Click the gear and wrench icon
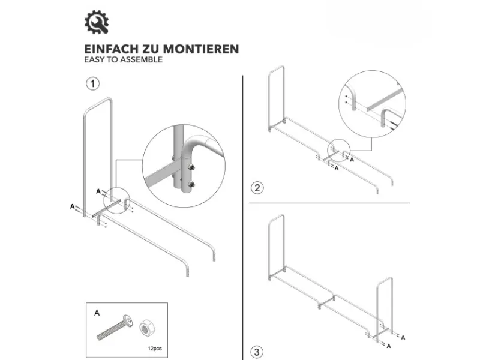tap(97, 22)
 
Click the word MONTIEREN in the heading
tap(201, 49)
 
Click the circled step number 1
tap(93, 83)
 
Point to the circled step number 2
tap(257, 188)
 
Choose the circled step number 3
tap(257, 352)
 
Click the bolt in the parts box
tap(115, 327)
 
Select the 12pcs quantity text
tap(155, 349)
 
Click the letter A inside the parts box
tap(97, 313)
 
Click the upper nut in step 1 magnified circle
tap(191, 167)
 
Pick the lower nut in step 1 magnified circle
tap(191, 184)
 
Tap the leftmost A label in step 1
tap(72, 206)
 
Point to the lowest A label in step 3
tap(389, 346)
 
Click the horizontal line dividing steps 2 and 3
tap(329, 203)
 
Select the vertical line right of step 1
tap(243, 218)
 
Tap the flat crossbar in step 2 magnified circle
tap(386, 99)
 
